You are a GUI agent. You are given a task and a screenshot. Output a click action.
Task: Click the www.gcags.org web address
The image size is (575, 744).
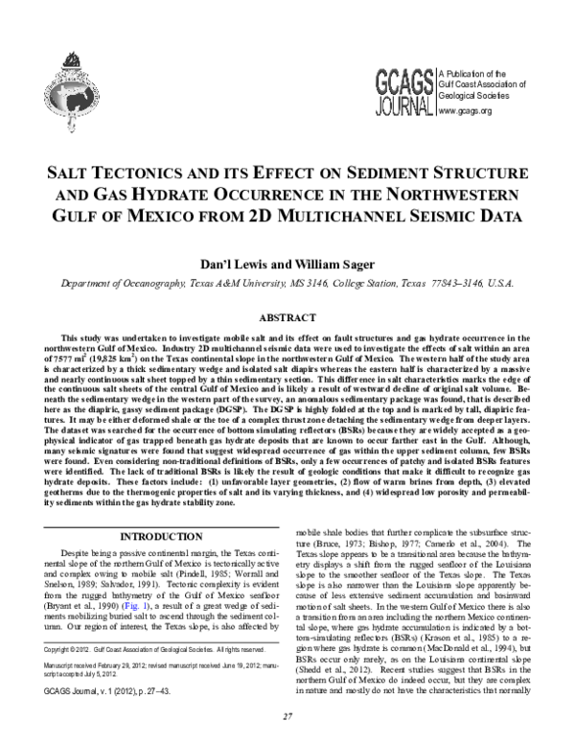tap(464, 110)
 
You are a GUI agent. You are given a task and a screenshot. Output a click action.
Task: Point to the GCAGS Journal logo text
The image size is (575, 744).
tap(402, 90)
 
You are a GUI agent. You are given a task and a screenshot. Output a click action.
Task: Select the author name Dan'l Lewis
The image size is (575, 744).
tap(229, 263)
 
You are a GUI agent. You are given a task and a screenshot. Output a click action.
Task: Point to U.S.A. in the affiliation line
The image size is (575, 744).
tap(501, 284)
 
